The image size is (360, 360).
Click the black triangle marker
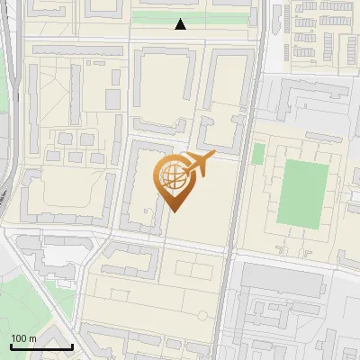(x=181, y=24)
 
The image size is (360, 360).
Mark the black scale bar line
(x=41, y=346)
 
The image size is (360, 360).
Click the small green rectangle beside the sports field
(x=258, y=154)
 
